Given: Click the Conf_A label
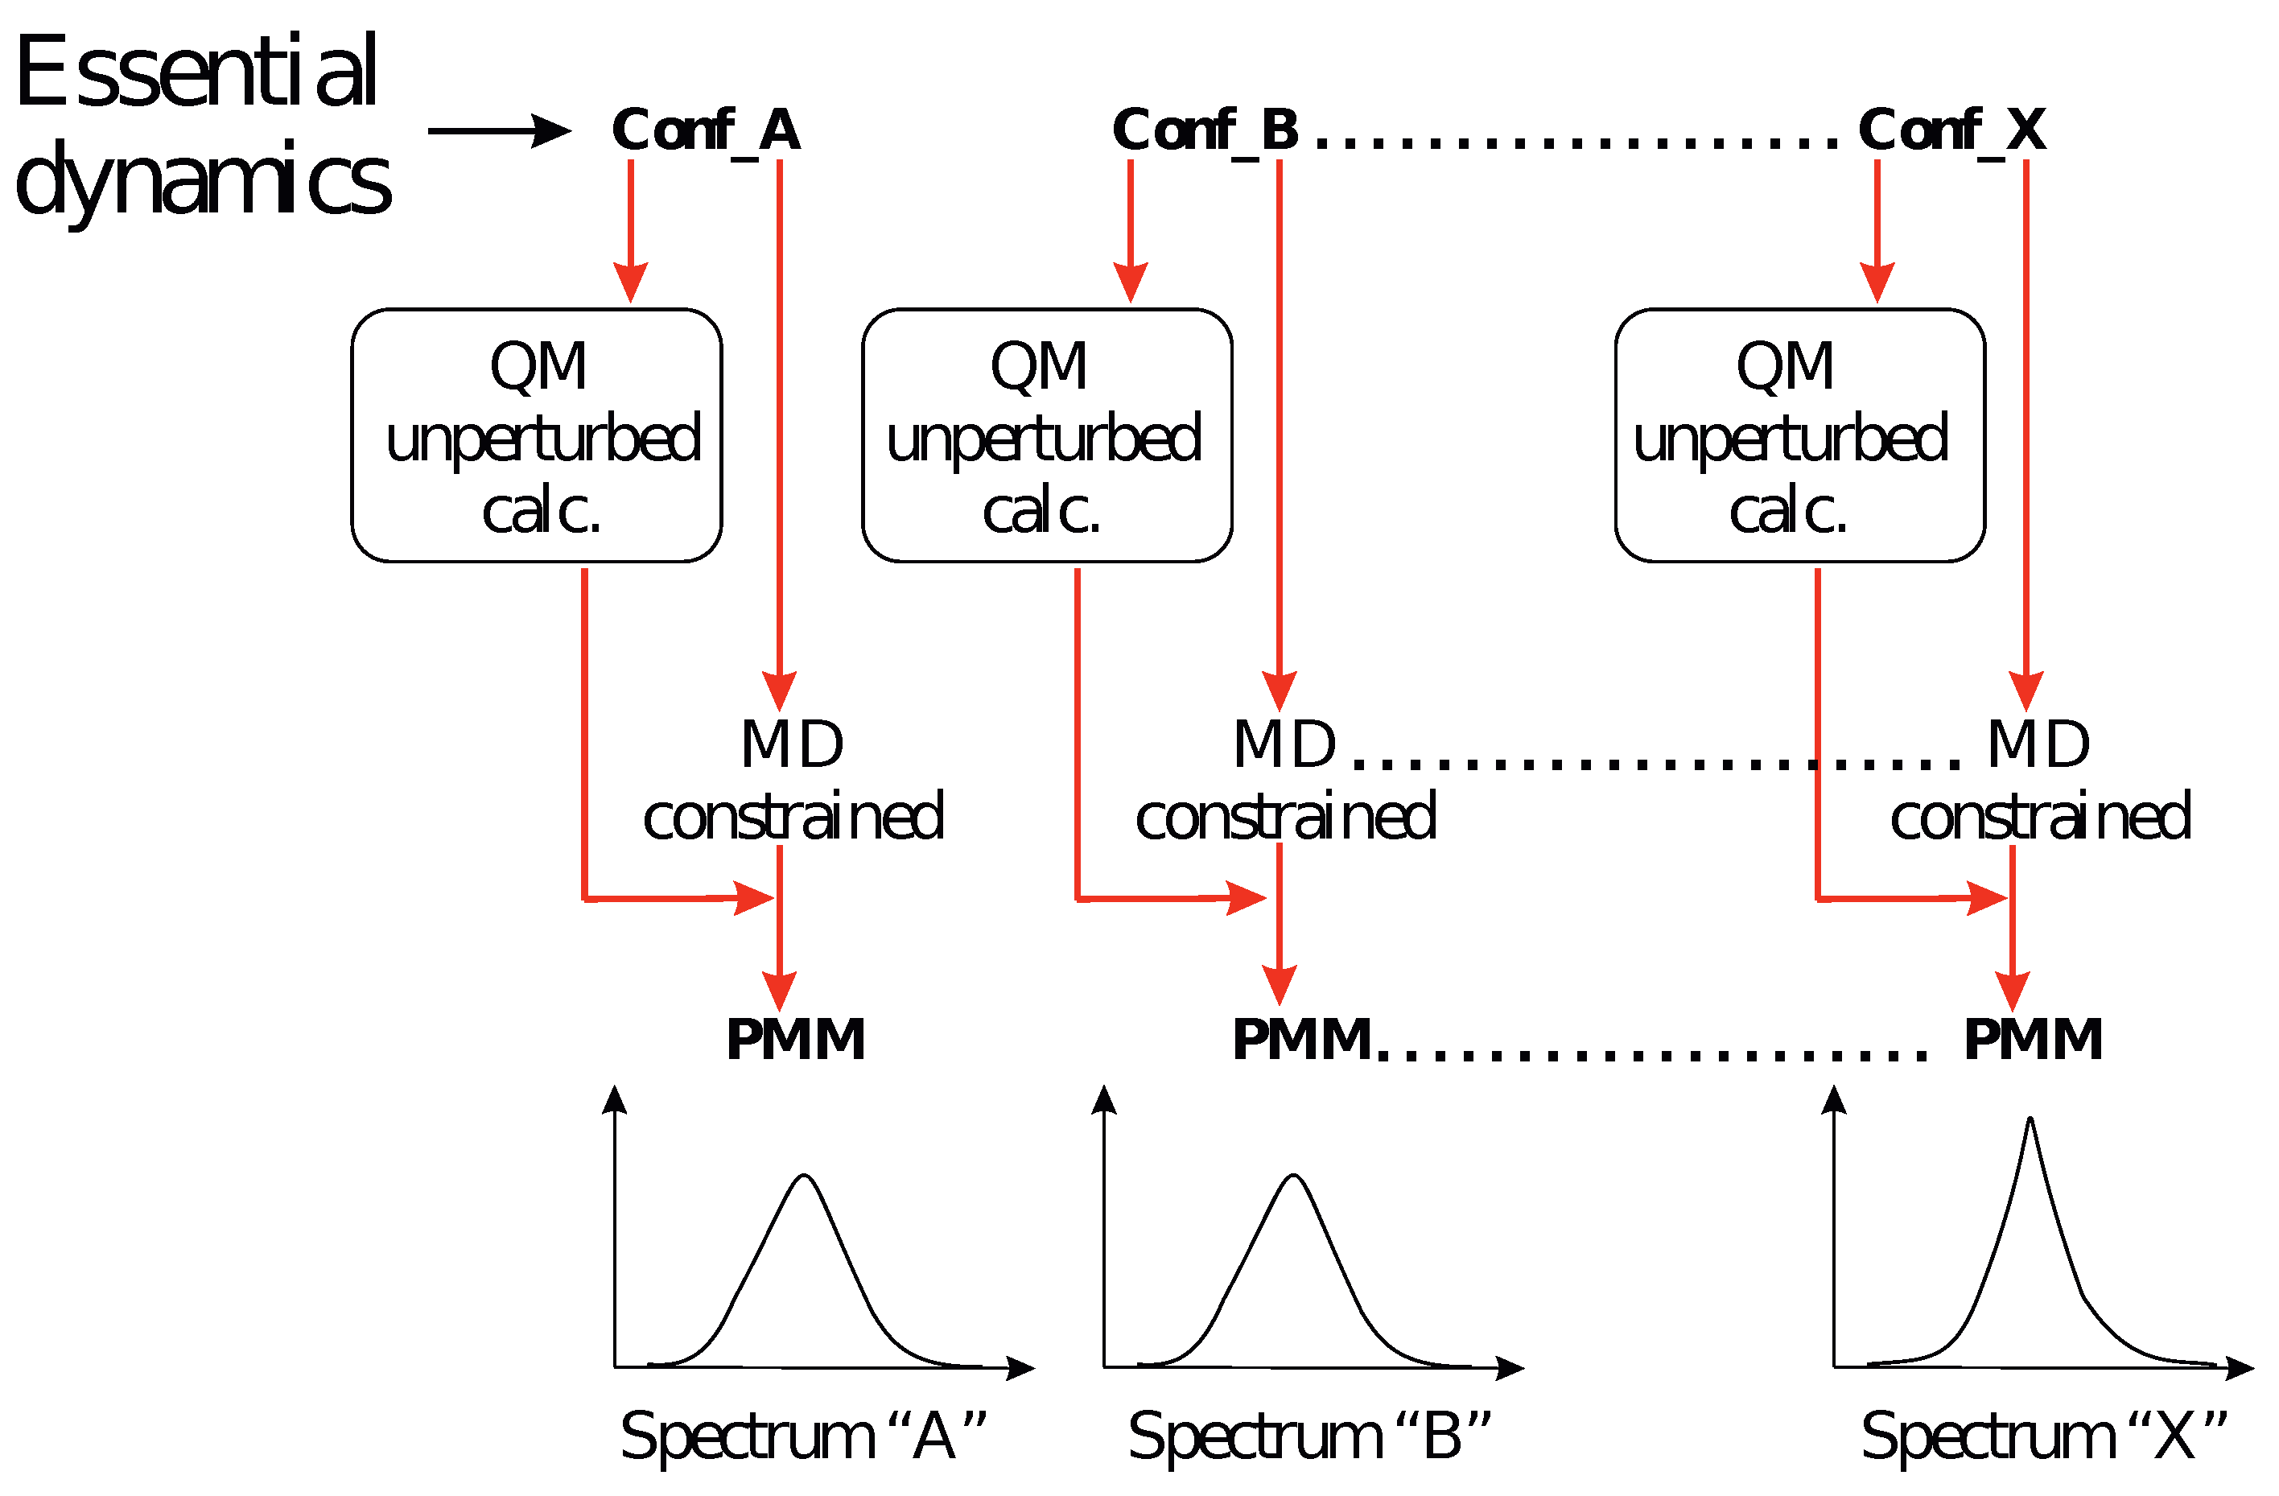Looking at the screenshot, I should point(706,130).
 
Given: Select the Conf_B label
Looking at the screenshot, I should point(1205,130).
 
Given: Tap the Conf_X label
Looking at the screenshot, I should point(1952,130).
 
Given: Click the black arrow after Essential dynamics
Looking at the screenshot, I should point(499,131).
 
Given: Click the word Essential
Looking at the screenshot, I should point(196,72).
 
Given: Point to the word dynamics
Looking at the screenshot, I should point(202,180).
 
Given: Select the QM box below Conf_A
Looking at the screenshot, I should point(536,436).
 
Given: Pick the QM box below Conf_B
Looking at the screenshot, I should point(1047,436).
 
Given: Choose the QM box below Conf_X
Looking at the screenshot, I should point(1799,436).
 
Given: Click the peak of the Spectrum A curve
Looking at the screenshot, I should point(805,1176).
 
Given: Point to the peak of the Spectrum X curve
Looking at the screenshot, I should point(2030,1119).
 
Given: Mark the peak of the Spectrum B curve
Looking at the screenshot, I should point(1294,1176).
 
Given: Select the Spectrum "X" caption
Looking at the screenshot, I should point(2042,1437).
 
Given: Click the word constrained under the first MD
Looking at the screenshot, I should point(793,817).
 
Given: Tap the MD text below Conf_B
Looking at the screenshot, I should point(1284,744).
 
